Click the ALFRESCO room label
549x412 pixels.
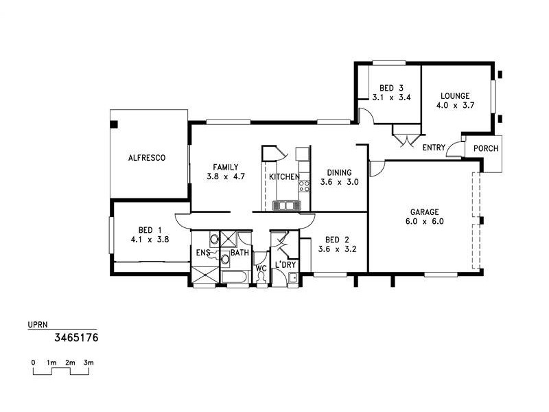(147, 158)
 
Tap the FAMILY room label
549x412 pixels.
(225, 167)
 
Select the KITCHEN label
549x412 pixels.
(283, 177)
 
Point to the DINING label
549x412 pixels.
(339, 173)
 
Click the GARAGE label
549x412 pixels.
(424, 212)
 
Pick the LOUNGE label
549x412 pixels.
(455, 96)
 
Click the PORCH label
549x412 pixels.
(486, 148)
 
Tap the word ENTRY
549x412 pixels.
(434, 148)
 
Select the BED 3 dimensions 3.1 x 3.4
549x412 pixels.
(391, 98)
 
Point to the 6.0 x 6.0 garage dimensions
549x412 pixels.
(424, 222)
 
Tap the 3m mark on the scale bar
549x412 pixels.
(89, 362)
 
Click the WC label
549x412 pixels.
(261, 268)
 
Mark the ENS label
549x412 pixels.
(203, 253)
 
